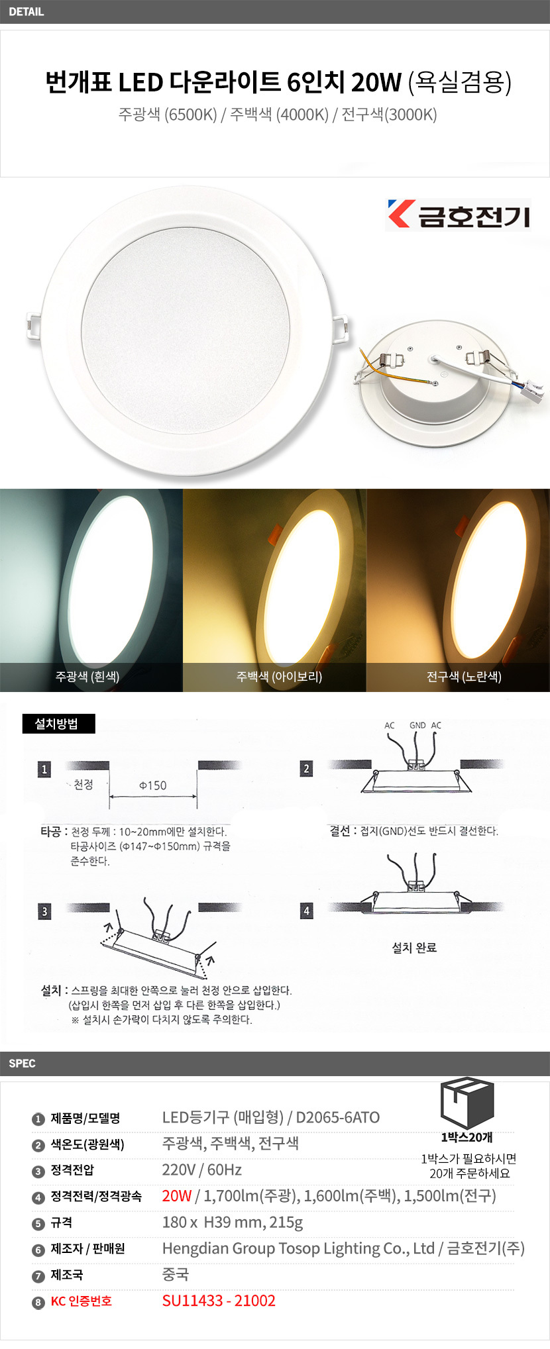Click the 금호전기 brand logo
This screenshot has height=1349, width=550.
(458, 215)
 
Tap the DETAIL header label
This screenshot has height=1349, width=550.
(27, 11)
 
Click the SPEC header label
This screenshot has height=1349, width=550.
(22, 1063)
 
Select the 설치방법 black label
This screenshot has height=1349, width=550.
(59, 724)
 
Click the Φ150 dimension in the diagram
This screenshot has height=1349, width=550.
(152, 785)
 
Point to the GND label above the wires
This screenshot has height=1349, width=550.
(417, 725)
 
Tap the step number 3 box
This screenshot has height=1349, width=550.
(44, 911)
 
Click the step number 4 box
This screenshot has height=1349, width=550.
(306, 911)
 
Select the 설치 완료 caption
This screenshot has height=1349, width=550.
(414, 948)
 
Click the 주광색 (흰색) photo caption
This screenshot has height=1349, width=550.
(87, 676)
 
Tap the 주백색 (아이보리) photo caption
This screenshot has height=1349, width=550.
(279, 676)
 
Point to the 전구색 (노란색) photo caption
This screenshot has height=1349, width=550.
(464, 676)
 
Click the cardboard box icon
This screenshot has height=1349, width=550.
(468, 1103)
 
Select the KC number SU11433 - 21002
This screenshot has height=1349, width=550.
(219, 1301)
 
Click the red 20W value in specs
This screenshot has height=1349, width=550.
(177, 1195)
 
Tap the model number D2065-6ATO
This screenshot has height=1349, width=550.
(338, 1117)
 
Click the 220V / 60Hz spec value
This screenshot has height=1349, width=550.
(202, 1170)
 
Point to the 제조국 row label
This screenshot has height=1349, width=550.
(66, 1275)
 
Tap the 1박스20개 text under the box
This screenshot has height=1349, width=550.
(467, 1138)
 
